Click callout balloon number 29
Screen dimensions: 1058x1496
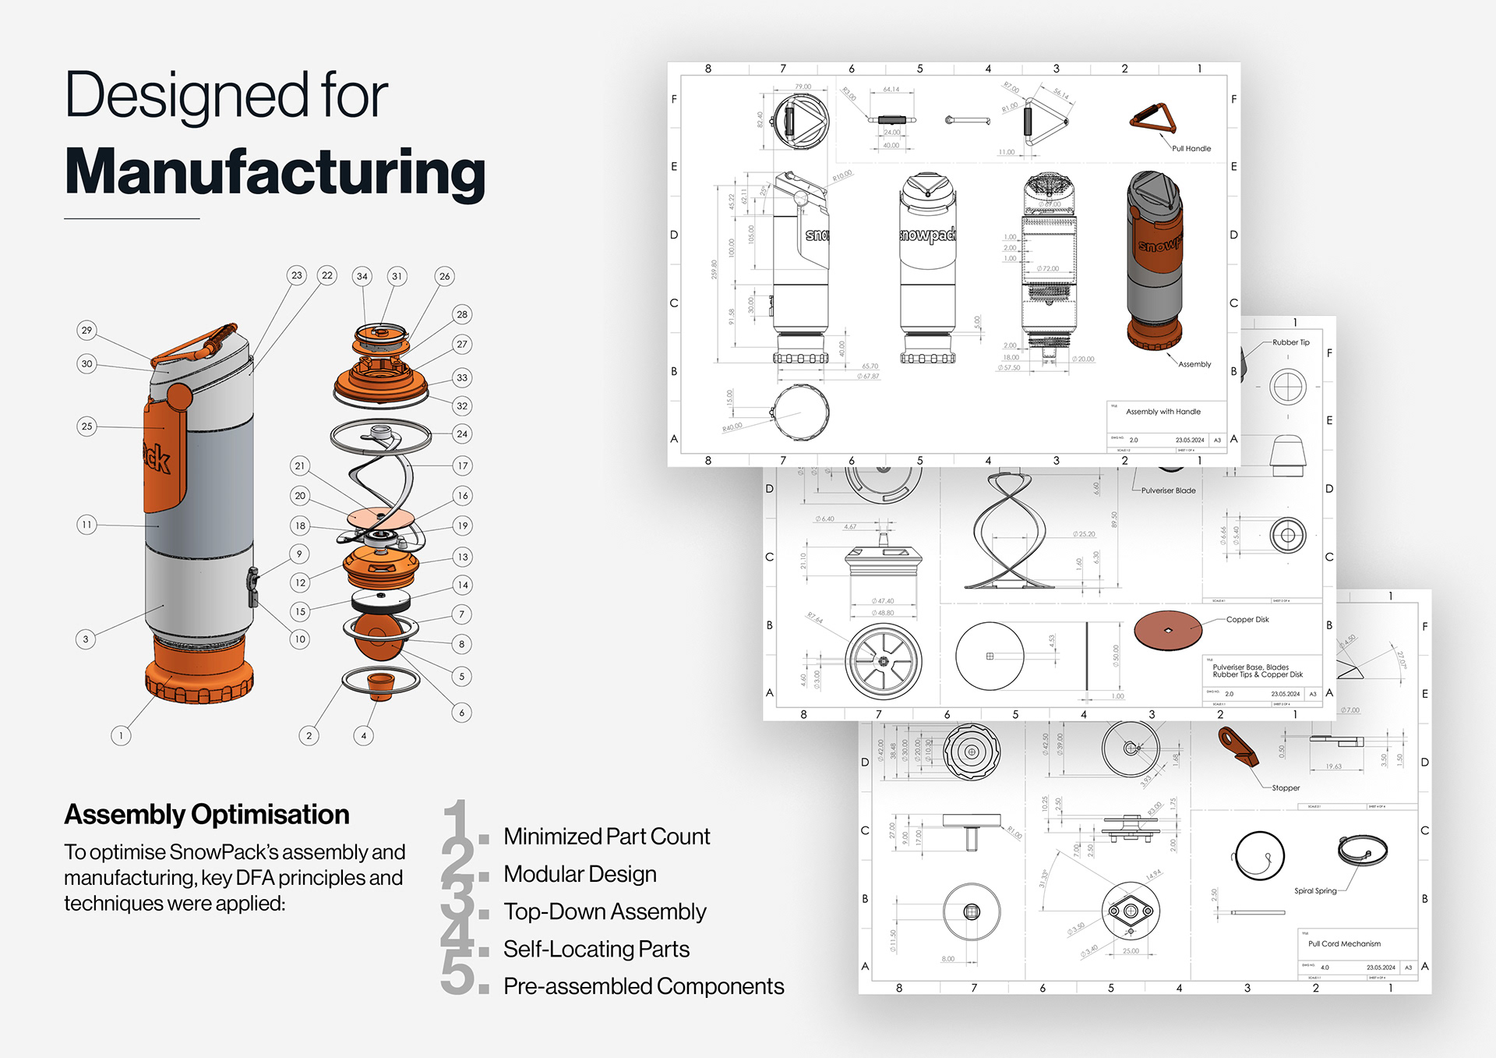[x=87, y=330]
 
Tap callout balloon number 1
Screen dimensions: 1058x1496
[x=121, y=735]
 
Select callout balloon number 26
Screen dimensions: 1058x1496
[x=444, y=276]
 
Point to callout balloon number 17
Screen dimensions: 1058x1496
[x=463, y=465]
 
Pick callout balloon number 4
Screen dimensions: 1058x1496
[x=363, y=735]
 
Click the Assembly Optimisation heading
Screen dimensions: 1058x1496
[x=206, y=814]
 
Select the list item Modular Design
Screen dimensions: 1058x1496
[x=580, y=874]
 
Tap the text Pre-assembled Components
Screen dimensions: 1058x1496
[x=644, y=986]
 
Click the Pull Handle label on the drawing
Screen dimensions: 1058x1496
[x=1191, y=148]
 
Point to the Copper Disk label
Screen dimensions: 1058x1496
[x=1247, y=620]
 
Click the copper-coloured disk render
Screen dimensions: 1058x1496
[x=1167, y=630]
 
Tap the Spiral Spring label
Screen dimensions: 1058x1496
[x=1315, y=890]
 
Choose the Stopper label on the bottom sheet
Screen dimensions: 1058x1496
[x=1286, y=787]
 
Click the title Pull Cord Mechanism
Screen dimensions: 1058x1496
[x=1344, y=943]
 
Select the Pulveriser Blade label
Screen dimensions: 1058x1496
[x=1168, y=490]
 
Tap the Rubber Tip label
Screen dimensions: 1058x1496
[x=1291, y=342]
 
